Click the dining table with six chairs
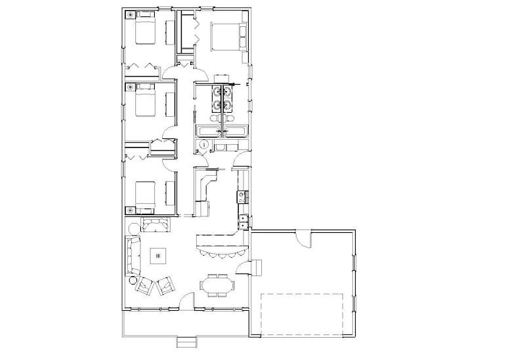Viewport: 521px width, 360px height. coord(217,285)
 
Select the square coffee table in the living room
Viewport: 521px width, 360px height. coord(157,255)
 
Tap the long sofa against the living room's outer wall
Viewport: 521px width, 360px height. coord(133,256)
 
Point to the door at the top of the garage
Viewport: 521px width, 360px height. coord(303,239)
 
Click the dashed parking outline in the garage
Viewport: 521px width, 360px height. coord(303,314)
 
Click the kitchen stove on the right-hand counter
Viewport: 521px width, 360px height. coord(241,195)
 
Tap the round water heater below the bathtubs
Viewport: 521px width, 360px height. coord(203,144)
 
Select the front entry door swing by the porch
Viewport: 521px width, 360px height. coord(187,302)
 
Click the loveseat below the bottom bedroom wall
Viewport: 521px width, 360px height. coord(156,226)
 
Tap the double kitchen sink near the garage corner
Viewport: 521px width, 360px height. coord(242,222)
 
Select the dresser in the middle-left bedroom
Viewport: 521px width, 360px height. coord(170,103)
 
